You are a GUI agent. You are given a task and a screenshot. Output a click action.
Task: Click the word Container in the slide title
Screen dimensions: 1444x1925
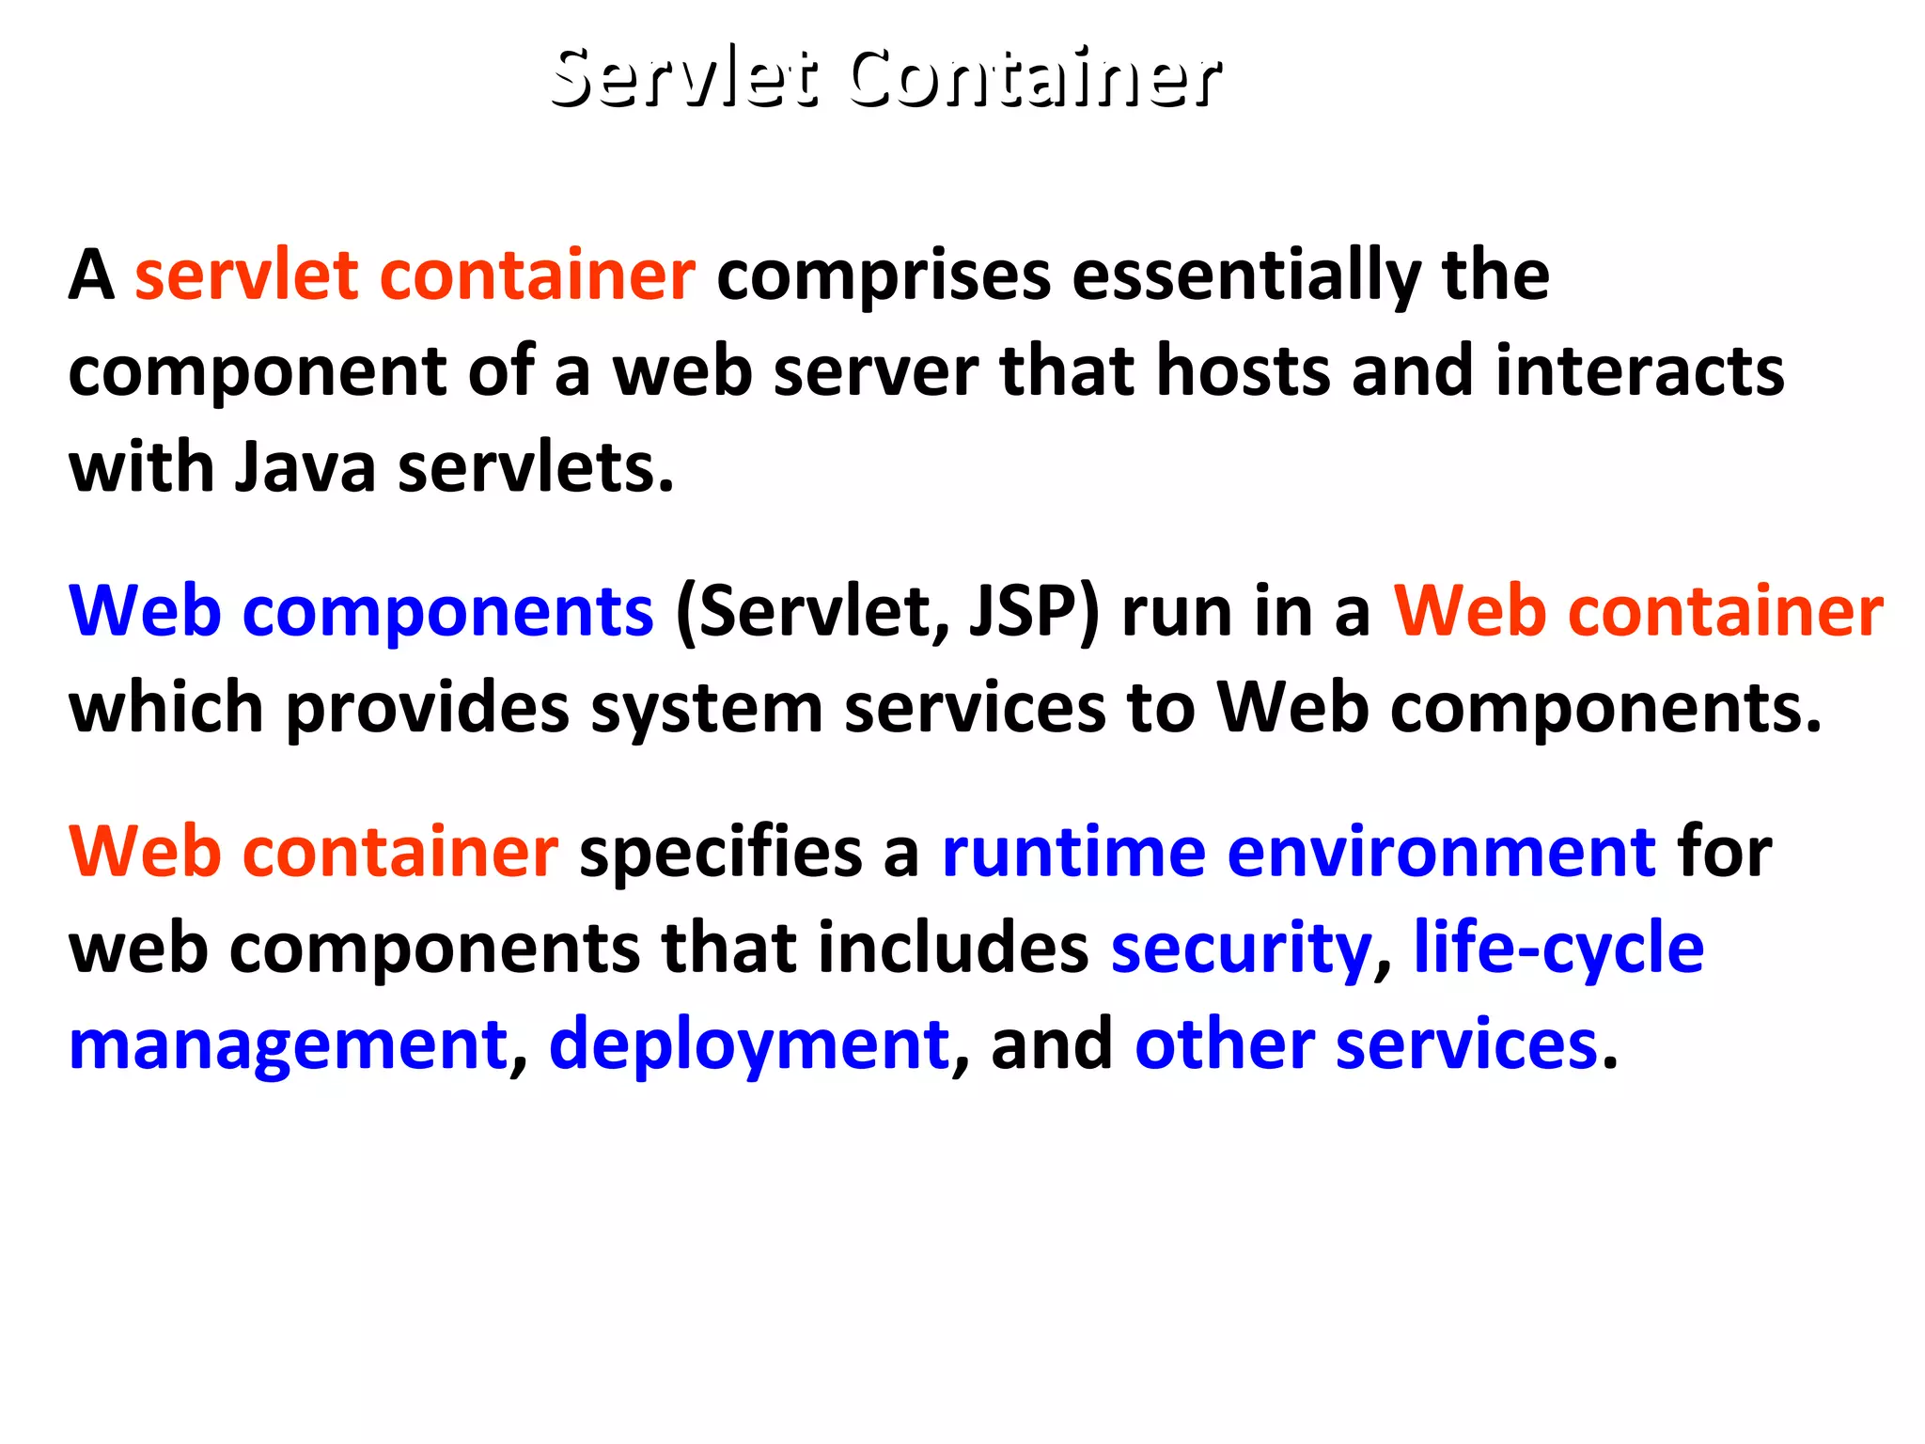[1034, 77]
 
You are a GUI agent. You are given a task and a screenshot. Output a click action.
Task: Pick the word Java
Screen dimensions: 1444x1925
[305, 467]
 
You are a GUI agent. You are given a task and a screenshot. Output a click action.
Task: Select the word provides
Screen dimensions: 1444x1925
[427, 708]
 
